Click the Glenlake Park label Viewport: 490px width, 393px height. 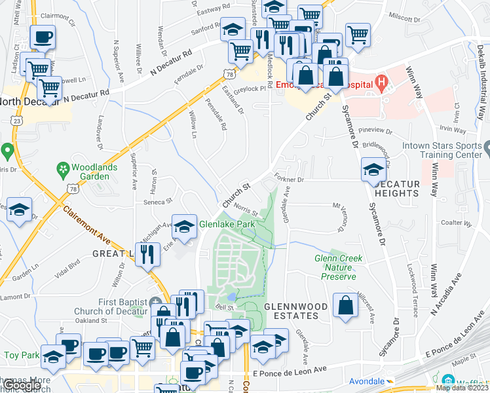227,224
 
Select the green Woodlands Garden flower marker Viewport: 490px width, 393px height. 64,168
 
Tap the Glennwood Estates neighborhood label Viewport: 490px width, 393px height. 292,310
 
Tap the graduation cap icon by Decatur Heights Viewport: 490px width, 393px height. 373,170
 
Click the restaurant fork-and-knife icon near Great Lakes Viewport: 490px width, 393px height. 149,253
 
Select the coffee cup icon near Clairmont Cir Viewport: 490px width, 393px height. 43,37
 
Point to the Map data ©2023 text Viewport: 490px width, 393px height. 462,388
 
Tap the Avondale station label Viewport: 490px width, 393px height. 366,381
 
